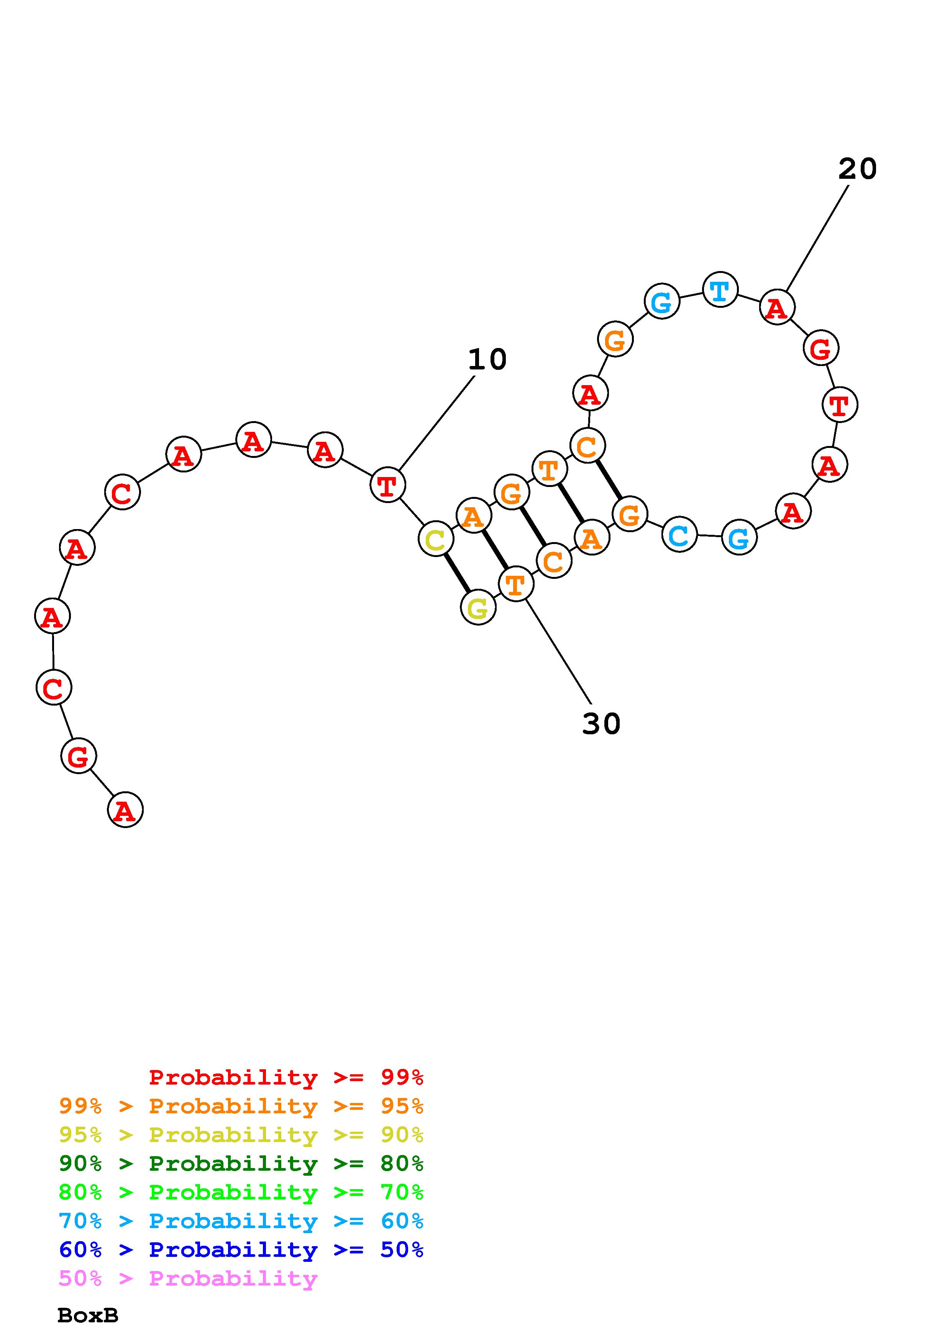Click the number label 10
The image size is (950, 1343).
point(487,359)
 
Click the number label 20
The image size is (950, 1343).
point(858,169)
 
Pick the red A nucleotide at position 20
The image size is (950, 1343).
point(777,307)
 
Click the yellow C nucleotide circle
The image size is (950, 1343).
point(435,539)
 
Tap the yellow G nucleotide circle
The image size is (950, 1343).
point(478,608)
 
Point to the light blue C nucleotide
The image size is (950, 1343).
point(679,534)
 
